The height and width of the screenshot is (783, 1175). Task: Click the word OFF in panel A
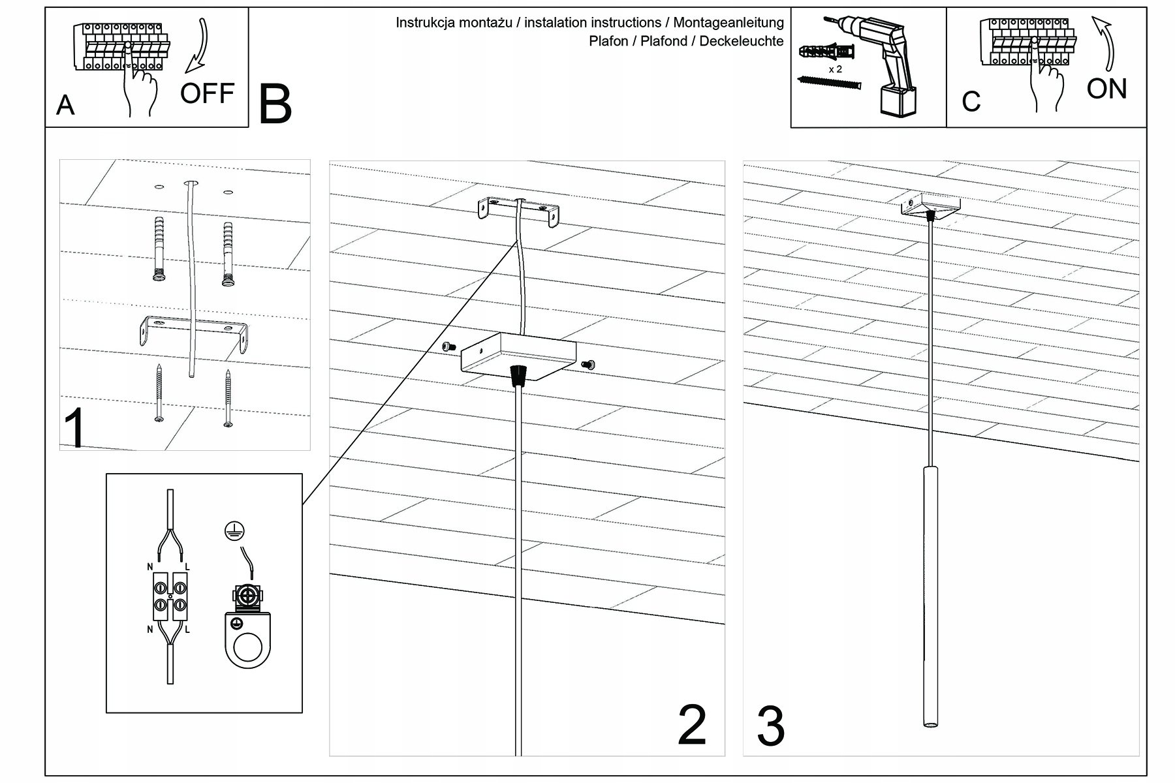click(207, 94)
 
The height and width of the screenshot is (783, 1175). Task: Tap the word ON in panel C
click(1106, 89)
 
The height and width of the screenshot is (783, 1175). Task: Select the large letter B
click(275, 105)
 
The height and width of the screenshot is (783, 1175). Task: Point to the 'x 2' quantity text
click(835, 69)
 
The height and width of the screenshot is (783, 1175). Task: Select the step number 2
click(692, 726)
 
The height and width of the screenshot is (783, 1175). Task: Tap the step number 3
click(770, 727)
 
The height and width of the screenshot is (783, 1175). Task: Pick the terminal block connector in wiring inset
click(170, 596)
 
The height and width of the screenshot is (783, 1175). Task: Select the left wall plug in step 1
click(159, 251)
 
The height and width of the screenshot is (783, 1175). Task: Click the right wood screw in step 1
click(228, 398)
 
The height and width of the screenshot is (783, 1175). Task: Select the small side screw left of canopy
click(448, 346)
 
